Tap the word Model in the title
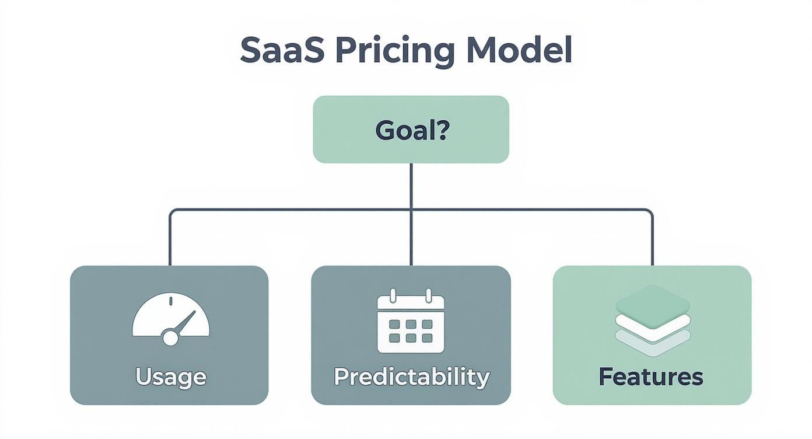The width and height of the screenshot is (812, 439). (x=517, y=51)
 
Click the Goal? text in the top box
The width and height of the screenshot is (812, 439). (x=411, y=130)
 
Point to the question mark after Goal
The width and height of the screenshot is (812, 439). (x=442, y=130)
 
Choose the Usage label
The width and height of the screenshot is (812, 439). (x=170, y=377)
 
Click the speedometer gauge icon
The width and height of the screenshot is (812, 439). (x=170, y=318)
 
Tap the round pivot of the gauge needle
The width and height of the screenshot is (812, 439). (x=170, y=337)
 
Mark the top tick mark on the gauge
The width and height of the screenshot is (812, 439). (x=170, y=301)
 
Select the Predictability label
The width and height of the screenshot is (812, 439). (x=411, y=377)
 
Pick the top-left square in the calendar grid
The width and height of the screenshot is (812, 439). (x=394, y=324)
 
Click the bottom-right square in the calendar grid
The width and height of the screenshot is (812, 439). (x=428, y=337)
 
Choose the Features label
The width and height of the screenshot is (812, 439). (x=651, y=377)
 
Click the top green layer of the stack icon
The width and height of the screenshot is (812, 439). (x=653, y=301)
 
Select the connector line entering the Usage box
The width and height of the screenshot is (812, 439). (x=170, y=245)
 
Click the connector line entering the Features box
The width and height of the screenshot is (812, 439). (x=652, y=245)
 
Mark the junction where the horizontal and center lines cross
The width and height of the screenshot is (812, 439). (x=411, y=210)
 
